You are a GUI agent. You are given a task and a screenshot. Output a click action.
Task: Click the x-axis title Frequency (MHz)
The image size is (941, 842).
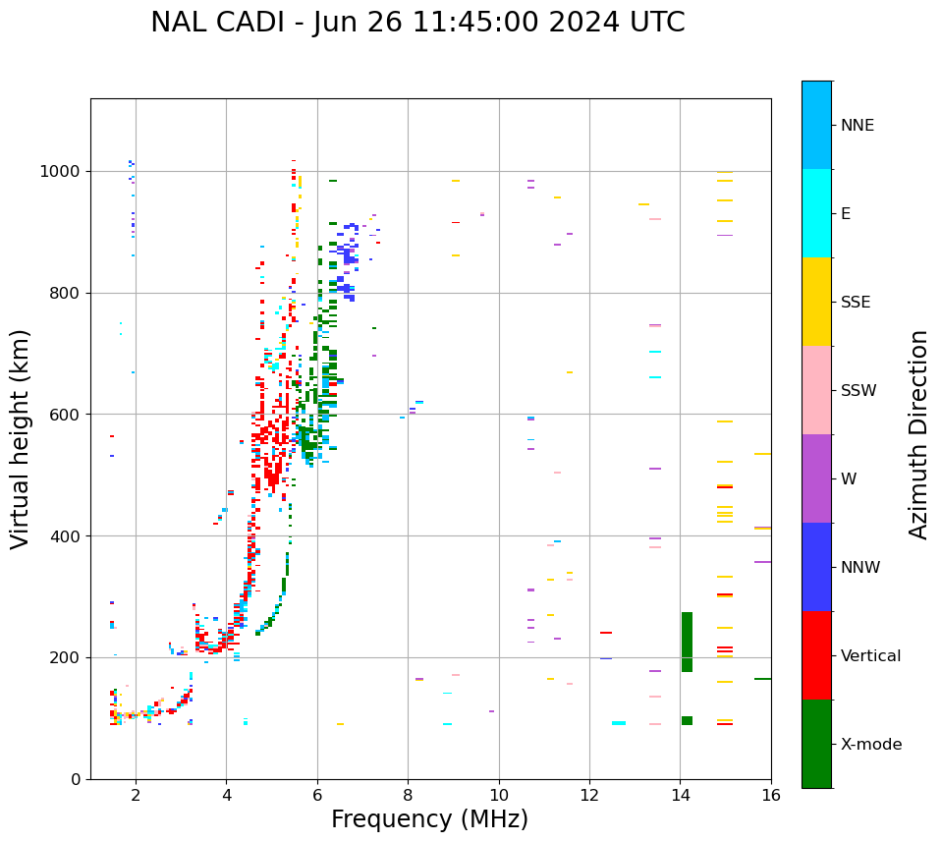pos(429,819)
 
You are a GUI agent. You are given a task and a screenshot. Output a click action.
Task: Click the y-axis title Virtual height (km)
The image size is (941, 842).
pos(21,438)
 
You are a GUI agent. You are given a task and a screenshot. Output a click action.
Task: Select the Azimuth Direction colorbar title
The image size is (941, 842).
pos(918,434)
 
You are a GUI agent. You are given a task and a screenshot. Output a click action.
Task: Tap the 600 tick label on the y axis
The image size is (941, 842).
pos(70,415)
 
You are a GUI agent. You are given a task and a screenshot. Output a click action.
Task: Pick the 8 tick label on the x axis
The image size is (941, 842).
pos(408,795)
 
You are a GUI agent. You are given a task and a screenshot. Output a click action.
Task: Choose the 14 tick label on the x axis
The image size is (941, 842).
pos(680,795)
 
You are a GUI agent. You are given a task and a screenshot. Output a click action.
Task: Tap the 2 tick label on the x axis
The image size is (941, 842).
pos(136,795)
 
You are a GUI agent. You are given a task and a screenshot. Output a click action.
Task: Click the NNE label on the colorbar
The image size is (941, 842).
pos(857,126)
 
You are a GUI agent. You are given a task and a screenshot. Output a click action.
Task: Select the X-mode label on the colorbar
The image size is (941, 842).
pos(870,745)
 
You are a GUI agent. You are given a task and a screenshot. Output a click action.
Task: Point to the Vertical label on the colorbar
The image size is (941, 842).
pos(870,656)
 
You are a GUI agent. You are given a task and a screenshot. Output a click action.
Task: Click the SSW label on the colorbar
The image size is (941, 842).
pos(858,391)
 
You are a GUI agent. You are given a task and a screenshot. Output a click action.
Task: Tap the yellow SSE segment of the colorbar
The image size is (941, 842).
pos(816,302)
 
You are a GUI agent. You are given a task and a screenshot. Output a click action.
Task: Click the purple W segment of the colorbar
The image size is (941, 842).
pos(816,478)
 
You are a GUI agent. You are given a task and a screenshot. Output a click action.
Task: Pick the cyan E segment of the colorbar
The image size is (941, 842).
pos(816,213)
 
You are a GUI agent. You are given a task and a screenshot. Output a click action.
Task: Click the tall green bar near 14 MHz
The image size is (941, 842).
pos(687,642)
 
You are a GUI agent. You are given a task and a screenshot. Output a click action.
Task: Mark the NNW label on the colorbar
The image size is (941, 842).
pos(860,568)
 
